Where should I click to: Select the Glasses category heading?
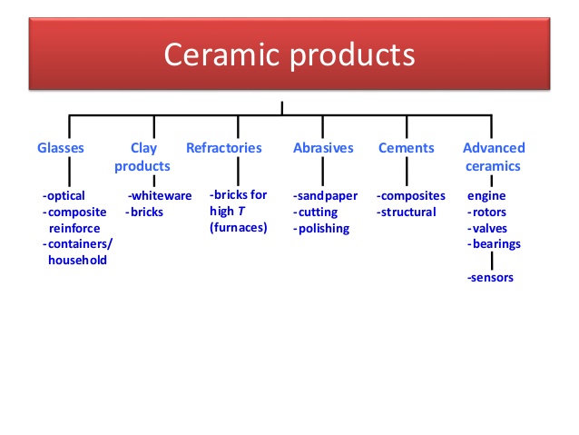[61, 148]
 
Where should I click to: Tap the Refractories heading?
[224, 148]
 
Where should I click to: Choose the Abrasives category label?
[323, 148]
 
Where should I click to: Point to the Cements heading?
[407, 148]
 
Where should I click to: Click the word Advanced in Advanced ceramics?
[494, 148]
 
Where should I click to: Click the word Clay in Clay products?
[143, 148]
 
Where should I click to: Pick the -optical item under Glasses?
[64, 196]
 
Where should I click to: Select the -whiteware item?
[160, 195]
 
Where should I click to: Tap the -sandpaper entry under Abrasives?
[325, 196]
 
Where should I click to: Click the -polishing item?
[321, 228]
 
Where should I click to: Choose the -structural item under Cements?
[407, 212]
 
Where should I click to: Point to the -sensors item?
[490, 277]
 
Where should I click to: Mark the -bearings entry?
[494, 243]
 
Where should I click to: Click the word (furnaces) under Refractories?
[239, 227]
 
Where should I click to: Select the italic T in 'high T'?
[242, 212]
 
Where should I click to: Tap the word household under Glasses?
[77, 260]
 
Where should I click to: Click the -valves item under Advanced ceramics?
[488, 228]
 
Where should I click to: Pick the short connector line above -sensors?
[491, 260]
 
